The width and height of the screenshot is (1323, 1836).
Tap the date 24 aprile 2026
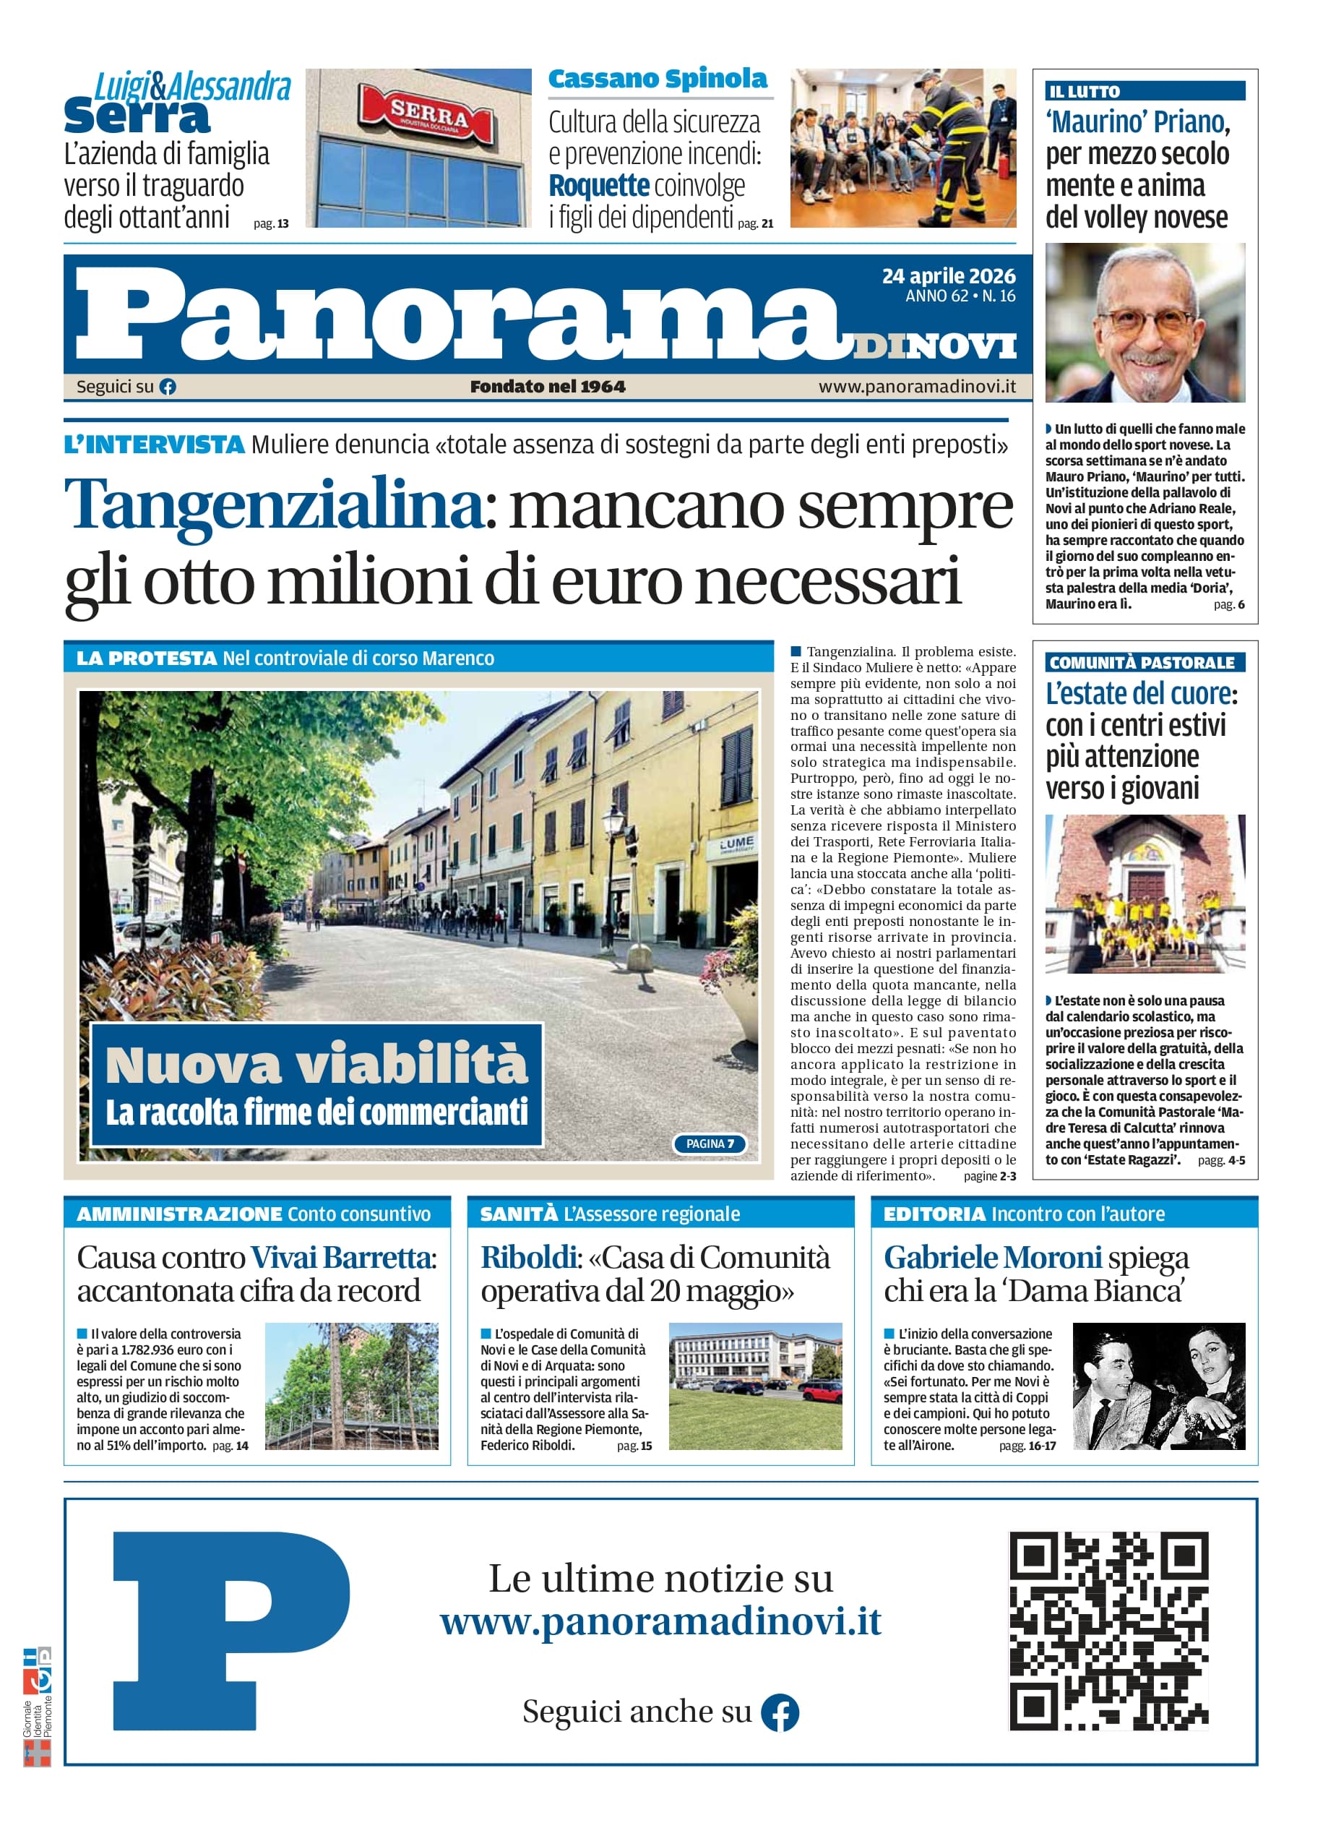[948, 276]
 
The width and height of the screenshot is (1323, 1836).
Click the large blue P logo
[230, 1629]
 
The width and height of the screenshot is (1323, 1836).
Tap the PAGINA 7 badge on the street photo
[710, 1144]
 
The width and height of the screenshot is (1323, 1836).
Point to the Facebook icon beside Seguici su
[168, 387]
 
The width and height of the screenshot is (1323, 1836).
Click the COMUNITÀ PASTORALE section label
[1141, 663]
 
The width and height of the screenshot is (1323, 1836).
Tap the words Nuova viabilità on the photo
[316, 1065]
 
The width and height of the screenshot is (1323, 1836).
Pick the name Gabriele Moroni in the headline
[992, 1258]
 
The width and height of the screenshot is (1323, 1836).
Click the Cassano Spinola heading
[657, 80]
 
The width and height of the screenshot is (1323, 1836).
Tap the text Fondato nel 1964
[548, 387]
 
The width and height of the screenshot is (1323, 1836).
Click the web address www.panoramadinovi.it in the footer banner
[660, 1622]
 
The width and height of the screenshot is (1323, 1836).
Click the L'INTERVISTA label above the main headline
[154, 445]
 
